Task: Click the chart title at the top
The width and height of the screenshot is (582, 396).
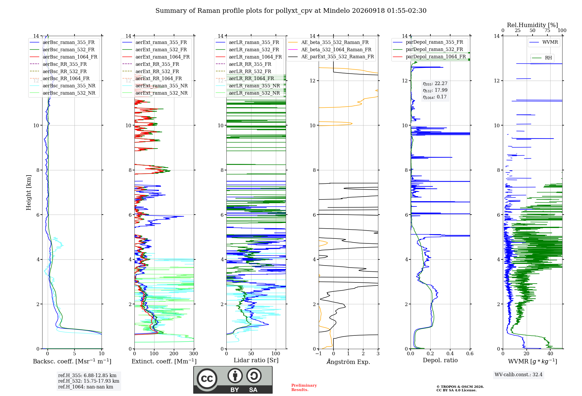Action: click(x=291, y=11)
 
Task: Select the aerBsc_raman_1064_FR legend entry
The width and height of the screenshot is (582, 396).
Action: click(x=63, y=57)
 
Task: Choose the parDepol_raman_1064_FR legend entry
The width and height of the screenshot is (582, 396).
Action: click(x=429, y=56)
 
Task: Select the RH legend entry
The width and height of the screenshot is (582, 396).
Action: click(x=542, y=58)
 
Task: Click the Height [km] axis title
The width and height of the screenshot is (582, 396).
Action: click(x=29, y=192)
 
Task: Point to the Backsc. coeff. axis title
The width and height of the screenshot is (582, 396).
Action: click(x=72, y=361)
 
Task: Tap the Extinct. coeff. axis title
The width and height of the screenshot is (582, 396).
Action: click(x=164, y=361)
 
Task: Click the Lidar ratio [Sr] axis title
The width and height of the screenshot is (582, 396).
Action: click(x=256, y=360)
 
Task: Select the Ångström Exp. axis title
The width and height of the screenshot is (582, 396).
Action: click(x=348, y=362)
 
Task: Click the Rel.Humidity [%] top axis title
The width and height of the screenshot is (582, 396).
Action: click(x=533, y=25)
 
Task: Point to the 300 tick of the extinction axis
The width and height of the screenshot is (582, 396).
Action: click(x=194, y=353)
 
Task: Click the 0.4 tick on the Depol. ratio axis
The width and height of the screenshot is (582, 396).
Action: click(x=450, y=353)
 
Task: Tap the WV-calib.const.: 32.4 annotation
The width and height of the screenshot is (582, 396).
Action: click(x=519, y=374)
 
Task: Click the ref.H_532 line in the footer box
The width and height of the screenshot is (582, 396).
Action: click(x=89, y=381)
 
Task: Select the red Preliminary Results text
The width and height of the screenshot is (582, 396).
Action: click(x=304, y=388)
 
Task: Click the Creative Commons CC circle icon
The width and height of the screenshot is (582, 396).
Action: click(x=207, y=379)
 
